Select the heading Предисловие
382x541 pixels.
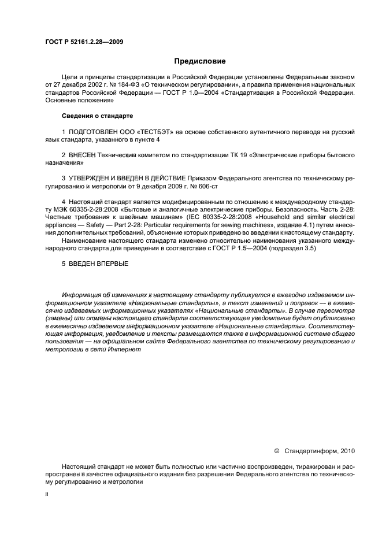click(x=200, y=61)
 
